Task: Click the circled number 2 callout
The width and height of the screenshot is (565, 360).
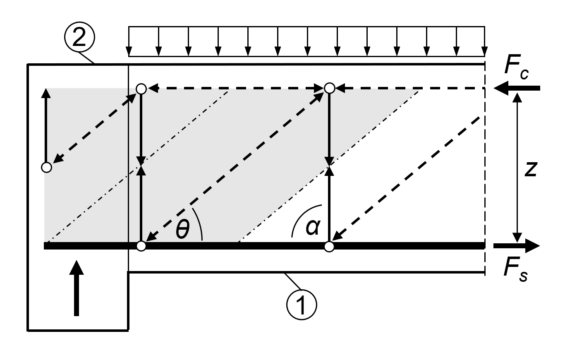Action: pyautogui.click(x=79, y=38)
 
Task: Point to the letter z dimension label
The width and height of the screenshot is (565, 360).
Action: pyautogui.click(x=531, y=168)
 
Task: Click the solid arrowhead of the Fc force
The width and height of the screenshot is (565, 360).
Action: pyautogui.click(x=502, y=88)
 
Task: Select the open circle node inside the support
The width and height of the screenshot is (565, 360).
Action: pyautogui.click(x=47, y=167)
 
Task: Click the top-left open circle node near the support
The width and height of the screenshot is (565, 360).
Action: pyautogui.click(x=141, y=88)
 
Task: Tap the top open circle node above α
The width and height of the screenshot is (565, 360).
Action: pyautogui.click(x=329, y=88)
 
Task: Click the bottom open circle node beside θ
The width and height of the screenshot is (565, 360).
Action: pyautogui.click(x=141, y=246)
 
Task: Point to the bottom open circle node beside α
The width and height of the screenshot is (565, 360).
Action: pyautogui.click(x=329, y=247)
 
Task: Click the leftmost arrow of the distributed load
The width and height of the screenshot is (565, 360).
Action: pyautogui.click(x=129, y=41)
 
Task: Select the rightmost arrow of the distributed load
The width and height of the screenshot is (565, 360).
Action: pyautogui.click(x=484, y=41)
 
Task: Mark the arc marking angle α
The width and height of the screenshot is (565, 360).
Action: pyautogui.click(x=302, y=215)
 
